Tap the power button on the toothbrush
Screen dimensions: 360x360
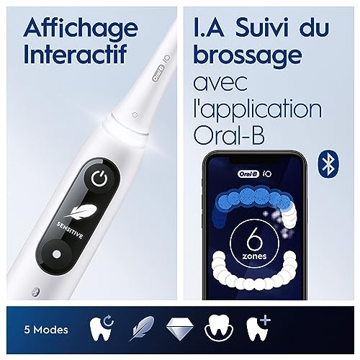tap(99, 179)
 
